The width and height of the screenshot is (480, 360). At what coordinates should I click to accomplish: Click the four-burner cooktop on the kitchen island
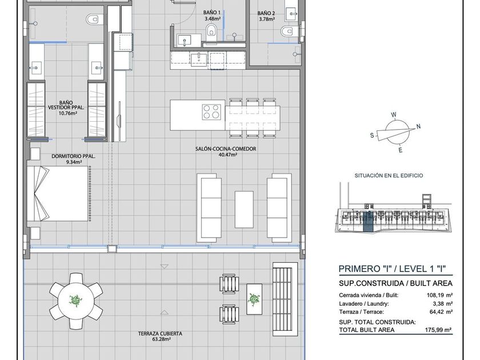click(211, 111)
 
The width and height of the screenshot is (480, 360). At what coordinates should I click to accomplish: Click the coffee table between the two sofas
click(244, 209)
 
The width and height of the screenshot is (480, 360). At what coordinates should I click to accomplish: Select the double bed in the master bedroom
click(58, 194)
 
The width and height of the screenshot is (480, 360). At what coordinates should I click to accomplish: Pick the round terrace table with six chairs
click(76, 301)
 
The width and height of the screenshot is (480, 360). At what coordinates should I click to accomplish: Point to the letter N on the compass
click(418, 126)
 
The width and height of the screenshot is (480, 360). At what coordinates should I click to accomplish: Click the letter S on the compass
click(372, 135)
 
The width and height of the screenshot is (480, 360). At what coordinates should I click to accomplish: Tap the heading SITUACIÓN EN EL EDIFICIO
click(389, 176)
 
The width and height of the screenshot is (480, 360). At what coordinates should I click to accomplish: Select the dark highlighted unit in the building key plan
click(367, 221)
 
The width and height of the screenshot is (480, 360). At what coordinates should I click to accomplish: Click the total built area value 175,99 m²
click(438, 330)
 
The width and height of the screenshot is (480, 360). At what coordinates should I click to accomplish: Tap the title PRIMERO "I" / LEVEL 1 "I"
click(392, 269)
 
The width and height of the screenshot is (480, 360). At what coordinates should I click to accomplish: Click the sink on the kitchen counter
click(199, 59)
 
